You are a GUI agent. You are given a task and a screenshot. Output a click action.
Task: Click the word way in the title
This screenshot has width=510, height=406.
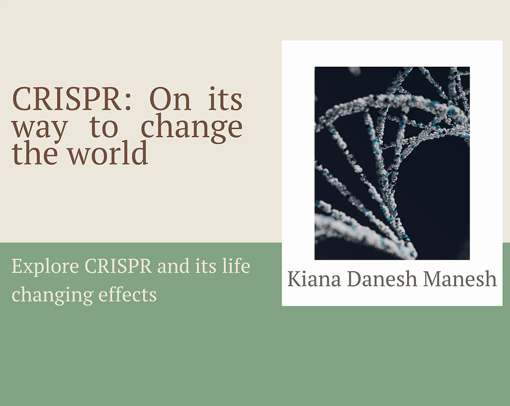(40, 128)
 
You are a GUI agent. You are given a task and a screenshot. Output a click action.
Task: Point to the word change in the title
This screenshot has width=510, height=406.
(192, 127)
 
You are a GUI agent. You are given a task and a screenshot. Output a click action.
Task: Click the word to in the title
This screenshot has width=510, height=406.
(104, 128)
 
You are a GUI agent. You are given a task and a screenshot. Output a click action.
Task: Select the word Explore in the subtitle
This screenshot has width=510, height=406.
(45, 267)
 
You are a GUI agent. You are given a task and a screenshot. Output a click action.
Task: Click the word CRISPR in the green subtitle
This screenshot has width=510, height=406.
(118, 266)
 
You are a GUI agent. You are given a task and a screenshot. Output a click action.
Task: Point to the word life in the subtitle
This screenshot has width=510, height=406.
(237, 266)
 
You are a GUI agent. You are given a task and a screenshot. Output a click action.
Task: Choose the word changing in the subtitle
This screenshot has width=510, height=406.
(45, 295)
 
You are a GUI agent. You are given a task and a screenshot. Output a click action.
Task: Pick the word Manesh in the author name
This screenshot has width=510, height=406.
(460, 279)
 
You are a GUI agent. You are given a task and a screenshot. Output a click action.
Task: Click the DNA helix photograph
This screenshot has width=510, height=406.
(392, 163)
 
